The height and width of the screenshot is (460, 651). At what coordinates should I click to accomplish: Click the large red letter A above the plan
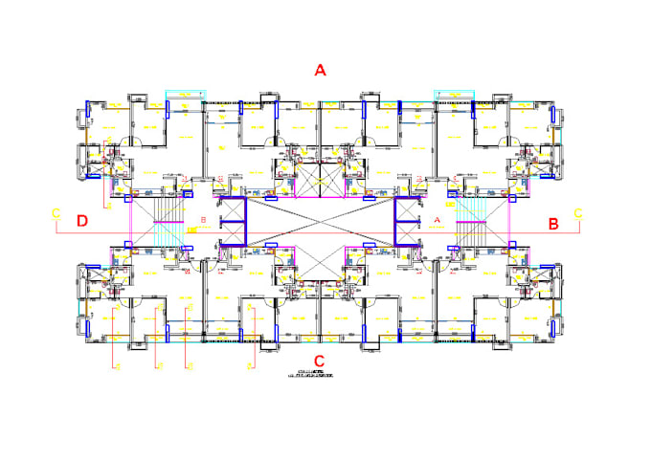tap(321, 70)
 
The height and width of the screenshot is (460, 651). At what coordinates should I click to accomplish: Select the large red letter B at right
tap(552, 223)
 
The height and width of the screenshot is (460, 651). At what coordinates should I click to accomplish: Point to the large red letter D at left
tap(82, 222)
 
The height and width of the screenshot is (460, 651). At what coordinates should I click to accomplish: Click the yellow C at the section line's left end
tap(56, 211)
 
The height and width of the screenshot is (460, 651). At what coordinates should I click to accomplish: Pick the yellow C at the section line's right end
tap(577, 211)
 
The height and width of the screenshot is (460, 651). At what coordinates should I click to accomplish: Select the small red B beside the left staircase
tap(203, 220)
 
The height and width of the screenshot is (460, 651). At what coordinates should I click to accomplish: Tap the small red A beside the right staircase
tap(438, 220)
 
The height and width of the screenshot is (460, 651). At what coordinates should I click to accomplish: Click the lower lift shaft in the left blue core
tap(233, 233)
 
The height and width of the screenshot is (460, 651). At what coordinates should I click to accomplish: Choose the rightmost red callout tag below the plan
tap(252, 366)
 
